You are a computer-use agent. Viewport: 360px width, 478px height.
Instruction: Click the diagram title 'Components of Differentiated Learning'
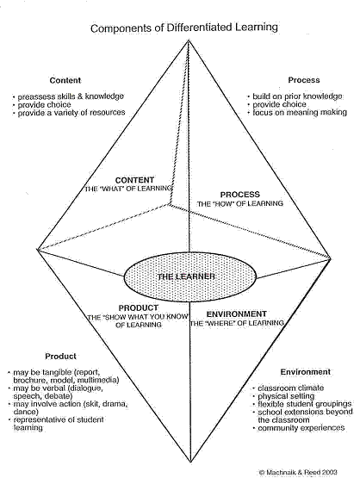[x=184, y=28]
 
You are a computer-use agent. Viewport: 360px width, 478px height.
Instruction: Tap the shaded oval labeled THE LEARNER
[x=190, y=276]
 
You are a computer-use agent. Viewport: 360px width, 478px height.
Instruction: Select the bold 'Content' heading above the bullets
[x=65, y=80]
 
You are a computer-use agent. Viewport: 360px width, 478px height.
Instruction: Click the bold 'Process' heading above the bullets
[x=304, y=80]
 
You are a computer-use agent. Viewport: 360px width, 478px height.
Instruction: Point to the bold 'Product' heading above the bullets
[x=60, y=356]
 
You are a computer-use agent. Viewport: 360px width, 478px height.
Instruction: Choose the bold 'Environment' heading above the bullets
[x=306, y=372]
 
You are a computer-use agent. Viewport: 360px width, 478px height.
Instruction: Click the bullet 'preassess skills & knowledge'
[x=69, y=96]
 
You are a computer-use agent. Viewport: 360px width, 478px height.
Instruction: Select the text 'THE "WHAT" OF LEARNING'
[x=128, y=189]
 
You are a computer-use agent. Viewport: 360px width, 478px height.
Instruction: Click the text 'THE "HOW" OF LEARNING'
[x=240, y=203]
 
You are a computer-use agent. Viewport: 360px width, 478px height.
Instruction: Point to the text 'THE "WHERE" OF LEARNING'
[x=237, y=323]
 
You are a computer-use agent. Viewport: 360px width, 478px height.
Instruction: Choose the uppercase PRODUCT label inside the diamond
[x=139, y=307]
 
